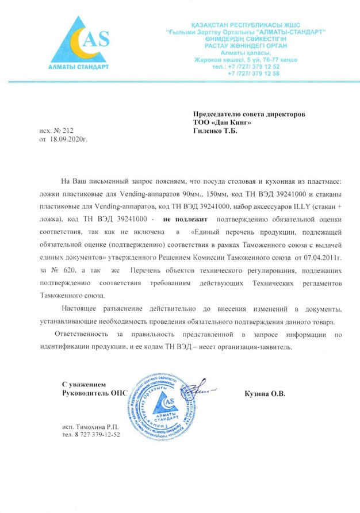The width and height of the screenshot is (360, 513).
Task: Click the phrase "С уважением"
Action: pyautogui.click(x=84, y=384)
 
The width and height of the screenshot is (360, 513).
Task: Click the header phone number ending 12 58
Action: pyautogui.click(x=254, y=74)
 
